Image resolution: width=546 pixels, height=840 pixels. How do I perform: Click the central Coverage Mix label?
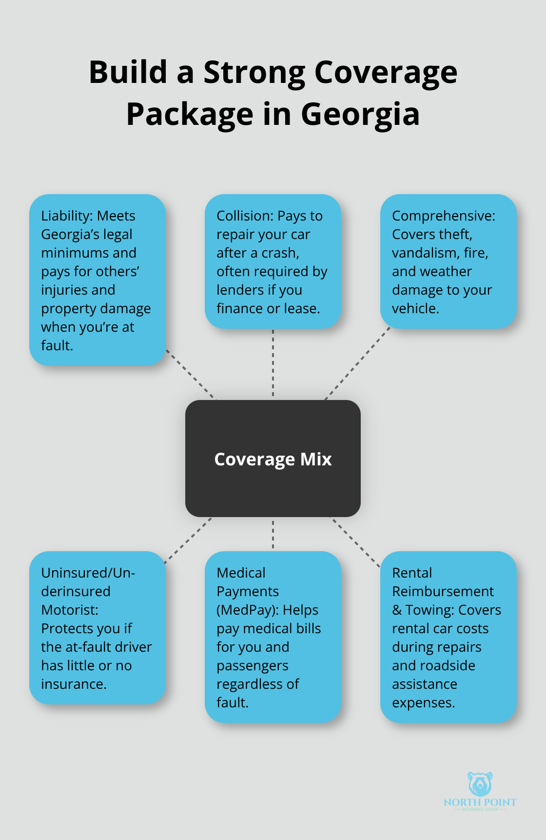(273, 460)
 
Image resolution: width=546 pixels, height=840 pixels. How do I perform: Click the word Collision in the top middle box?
(244, 216)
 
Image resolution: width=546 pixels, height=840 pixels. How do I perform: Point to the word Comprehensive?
(443, 216)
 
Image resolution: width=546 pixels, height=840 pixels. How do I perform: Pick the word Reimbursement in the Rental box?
(443, 592)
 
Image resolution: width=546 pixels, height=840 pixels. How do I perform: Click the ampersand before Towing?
(396, 610)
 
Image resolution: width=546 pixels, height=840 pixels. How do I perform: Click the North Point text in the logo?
(480, 802)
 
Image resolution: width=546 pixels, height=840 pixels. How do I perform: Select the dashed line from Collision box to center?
(273, 363)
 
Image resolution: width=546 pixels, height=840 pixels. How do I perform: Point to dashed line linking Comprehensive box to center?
(357, 363)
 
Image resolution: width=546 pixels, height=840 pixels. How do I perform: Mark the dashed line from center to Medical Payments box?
(273, 534)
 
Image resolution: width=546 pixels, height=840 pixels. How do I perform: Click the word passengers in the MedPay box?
(252, 666)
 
